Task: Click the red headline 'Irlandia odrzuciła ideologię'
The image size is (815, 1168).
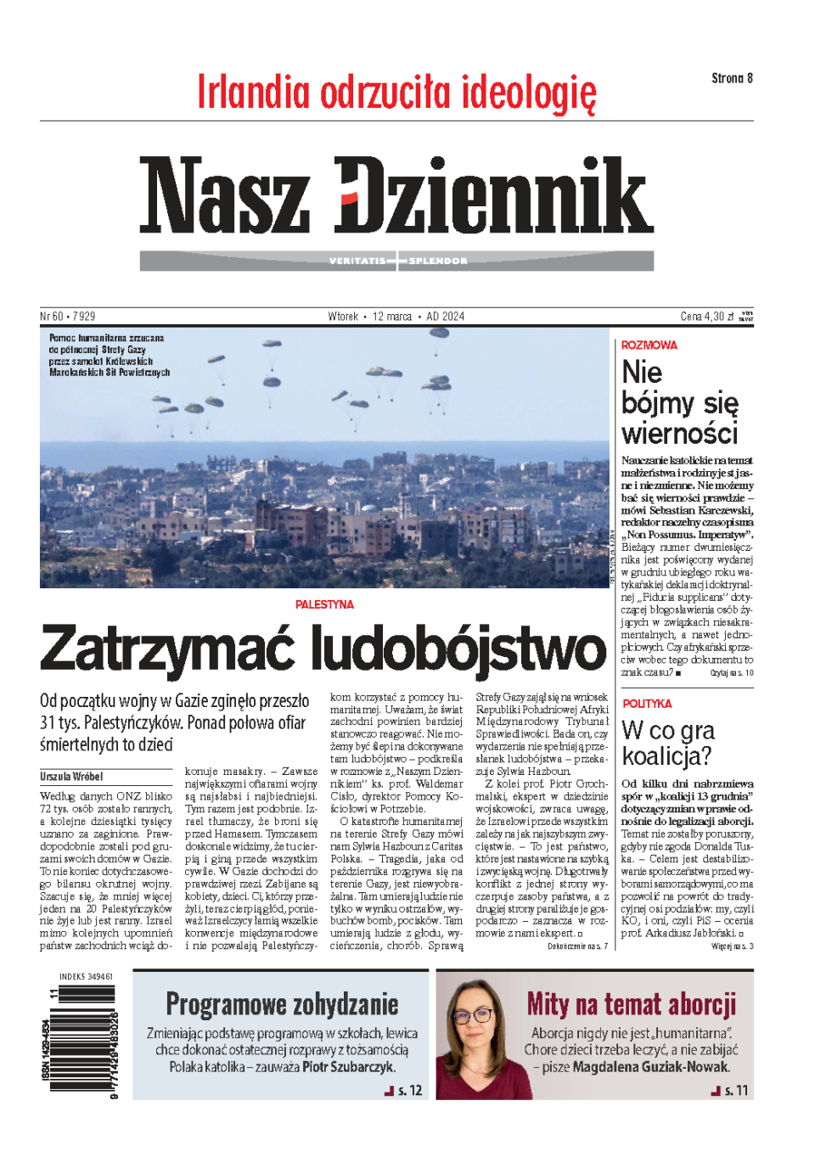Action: [x=396, y=93]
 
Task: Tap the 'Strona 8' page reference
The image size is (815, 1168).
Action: [x=732, y=78]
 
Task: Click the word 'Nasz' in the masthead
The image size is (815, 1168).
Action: [x=225, y=196]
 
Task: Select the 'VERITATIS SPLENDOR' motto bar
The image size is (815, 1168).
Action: [x=397, y=261]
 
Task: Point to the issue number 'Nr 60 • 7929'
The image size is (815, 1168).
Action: [x=68, y=317]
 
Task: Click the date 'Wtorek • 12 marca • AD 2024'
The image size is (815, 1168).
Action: [x=396, y=317]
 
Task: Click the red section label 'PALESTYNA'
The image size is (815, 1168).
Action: [x=324, y=604]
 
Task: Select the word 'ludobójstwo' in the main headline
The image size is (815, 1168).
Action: [x=458, y=649]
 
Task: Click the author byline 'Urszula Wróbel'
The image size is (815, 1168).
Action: [x=71, y=776]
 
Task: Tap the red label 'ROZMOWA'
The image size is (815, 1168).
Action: [x=649, y=345]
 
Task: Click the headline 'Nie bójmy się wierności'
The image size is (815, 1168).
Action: [x=679, y=402]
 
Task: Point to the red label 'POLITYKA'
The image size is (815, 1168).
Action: [x=647, y=704]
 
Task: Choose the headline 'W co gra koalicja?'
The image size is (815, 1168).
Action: [x=668, y=743]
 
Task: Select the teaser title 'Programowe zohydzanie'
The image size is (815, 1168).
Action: [x=282, y=1004]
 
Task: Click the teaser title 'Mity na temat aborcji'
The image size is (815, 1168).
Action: [x=631, y=1004]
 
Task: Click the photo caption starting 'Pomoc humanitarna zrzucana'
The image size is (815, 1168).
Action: [x=109, y=355]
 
